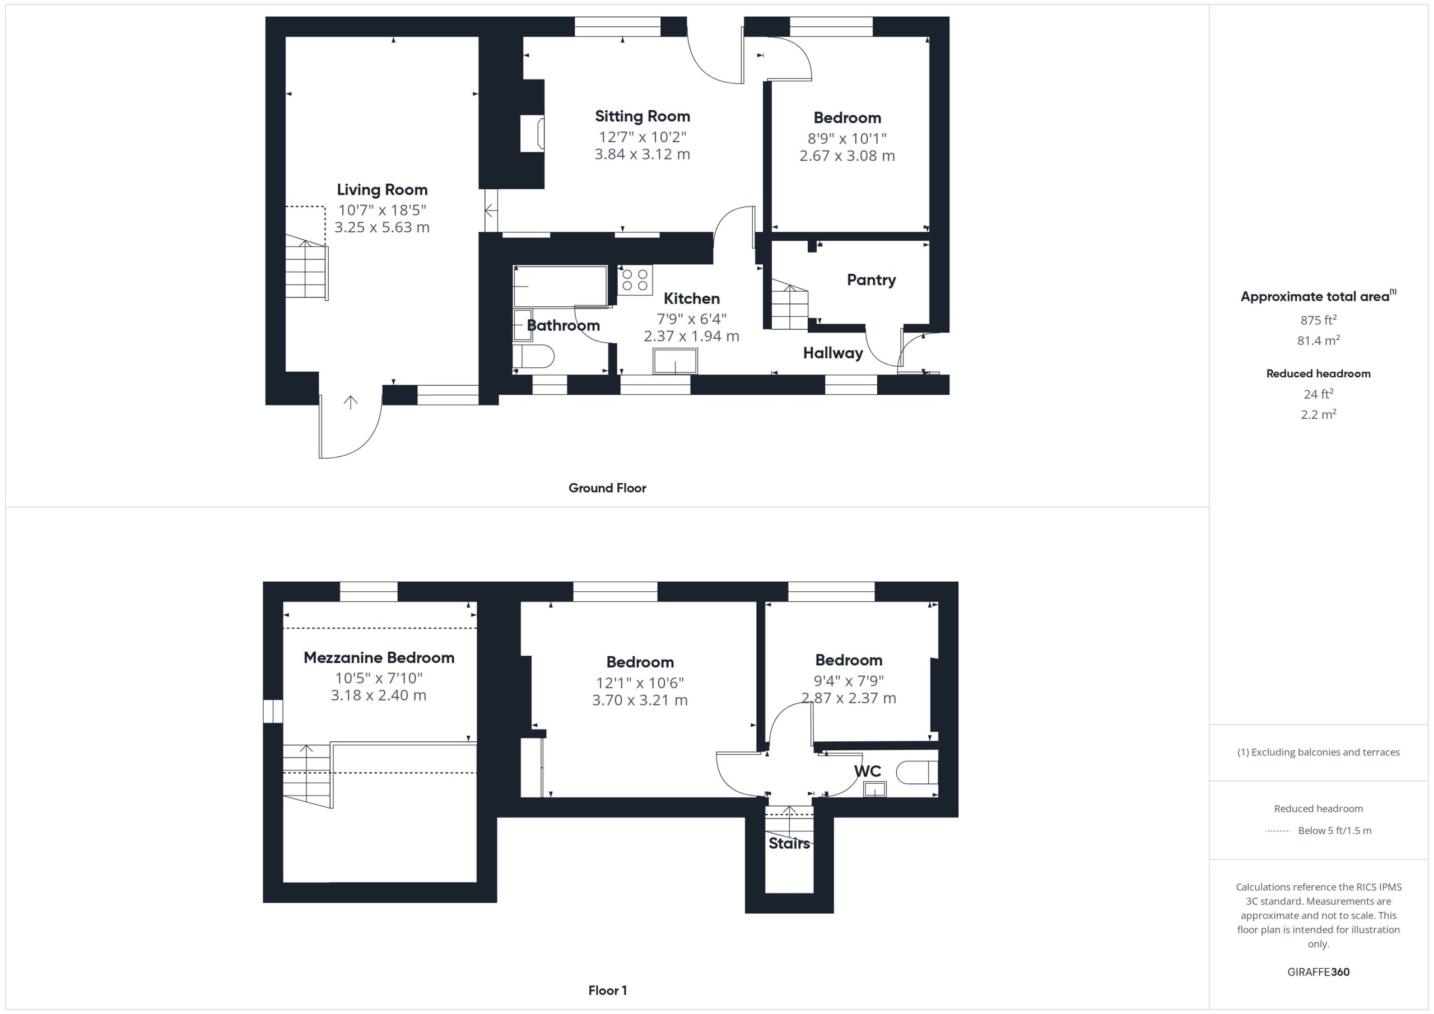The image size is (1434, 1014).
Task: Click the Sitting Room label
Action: click(x=642, y=116)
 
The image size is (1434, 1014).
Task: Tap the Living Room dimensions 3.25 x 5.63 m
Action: click(x=382, y=227)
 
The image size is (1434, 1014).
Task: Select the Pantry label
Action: click(x=871, y=280)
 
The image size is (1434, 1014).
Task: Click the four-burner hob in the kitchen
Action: click(x=635, y=280)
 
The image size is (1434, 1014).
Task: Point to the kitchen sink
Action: click(x=675, y=361)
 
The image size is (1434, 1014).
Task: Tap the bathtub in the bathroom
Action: click(x=560, y=286)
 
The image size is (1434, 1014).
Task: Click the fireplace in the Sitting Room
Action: click(x=533, y=133)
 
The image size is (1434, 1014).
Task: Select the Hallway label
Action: click(x=832, y=353)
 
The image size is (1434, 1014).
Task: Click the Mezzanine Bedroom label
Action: click(x=379, y=657)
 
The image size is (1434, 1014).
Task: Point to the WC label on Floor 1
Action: click(x=868, y=771)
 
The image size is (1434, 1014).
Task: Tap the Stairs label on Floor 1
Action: click(x=789, y=844)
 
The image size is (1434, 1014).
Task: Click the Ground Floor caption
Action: click(x=607, y=488)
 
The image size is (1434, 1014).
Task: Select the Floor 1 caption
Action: click(x=608, y=990)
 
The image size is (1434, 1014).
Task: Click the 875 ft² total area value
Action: click(x=1319, y=320)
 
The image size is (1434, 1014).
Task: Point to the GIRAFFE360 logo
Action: click(x=1319, y=972)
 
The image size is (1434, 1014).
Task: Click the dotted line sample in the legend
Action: click(x=1278, y=831)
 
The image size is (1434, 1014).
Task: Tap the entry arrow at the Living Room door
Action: click(x=351, y=403)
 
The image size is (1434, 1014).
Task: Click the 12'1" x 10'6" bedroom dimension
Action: click(x=640, y=683)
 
